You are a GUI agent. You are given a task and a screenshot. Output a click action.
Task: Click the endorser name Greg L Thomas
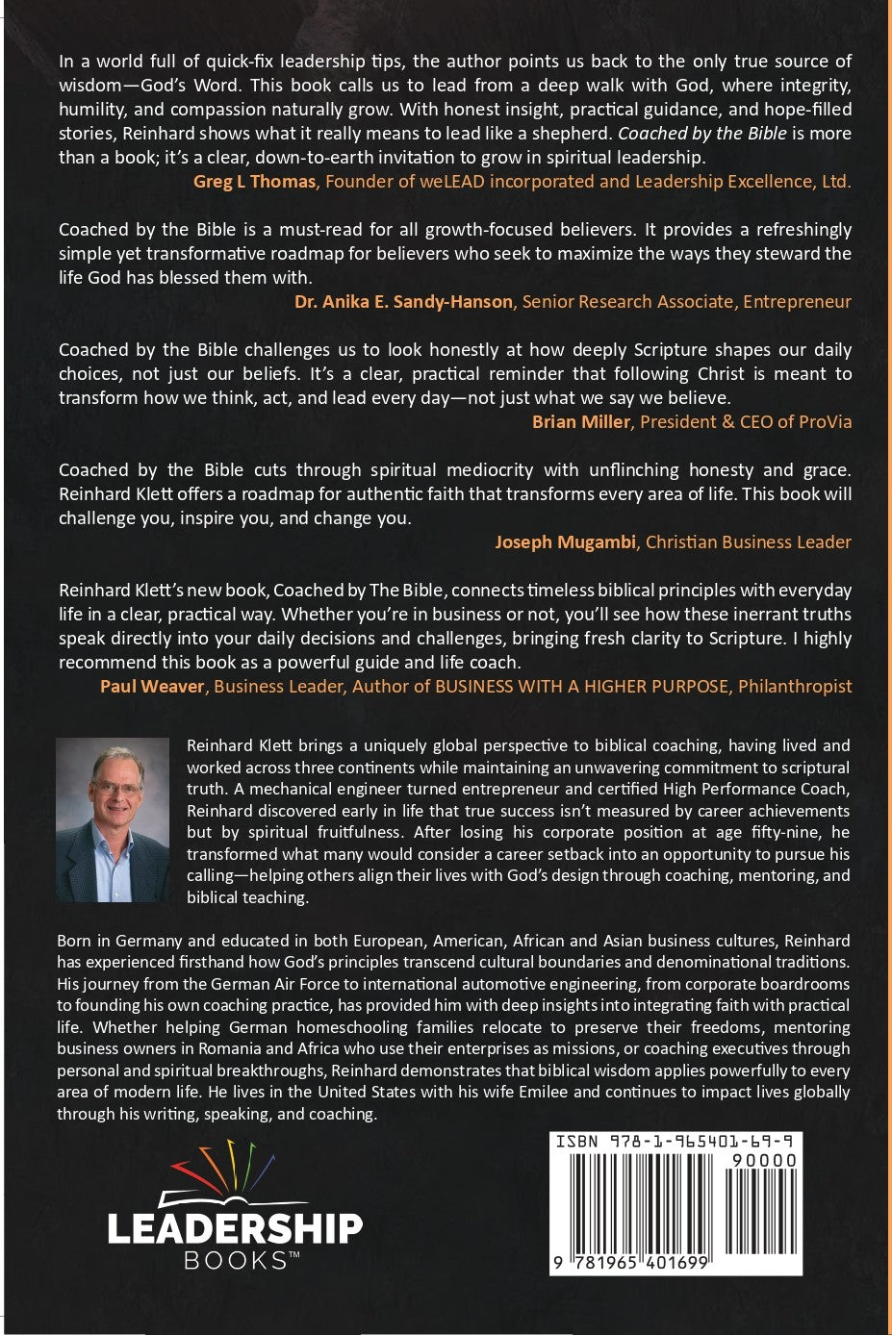tap(254, 181)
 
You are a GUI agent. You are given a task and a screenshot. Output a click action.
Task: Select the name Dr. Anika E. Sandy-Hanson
tap(403, 301)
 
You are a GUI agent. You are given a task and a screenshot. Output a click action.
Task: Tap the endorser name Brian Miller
tap(580, 421)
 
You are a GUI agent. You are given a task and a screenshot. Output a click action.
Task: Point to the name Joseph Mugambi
tap(565, 542)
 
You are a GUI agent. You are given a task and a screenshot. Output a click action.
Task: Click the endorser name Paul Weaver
tap(152, 686)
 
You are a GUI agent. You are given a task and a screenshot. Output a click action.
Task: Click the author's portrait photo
tap(112, 819)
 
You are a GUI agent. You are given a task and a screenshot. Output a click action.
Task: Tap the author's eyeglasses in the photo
tap(114, 788)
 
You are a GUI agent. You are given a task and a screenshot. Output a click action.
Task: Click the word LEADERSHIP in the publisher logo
tap(235, 1228)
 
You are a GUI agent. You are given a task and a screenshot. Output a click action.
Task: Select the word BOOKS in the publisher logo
tap(235, 1260)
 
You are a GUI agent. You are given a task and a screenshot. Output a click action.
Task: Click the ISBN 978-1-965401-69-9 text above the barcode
tap(677, 1141)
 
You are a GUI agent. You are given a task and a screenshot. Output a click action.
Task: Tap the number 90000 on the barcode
tap(764, 1160)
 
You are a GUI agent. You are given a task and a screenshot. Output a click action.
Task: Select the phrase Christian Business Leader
tap(748, 542)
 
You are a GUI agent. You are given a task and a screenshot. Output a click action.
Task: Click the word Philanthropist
tap(795, 686)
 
